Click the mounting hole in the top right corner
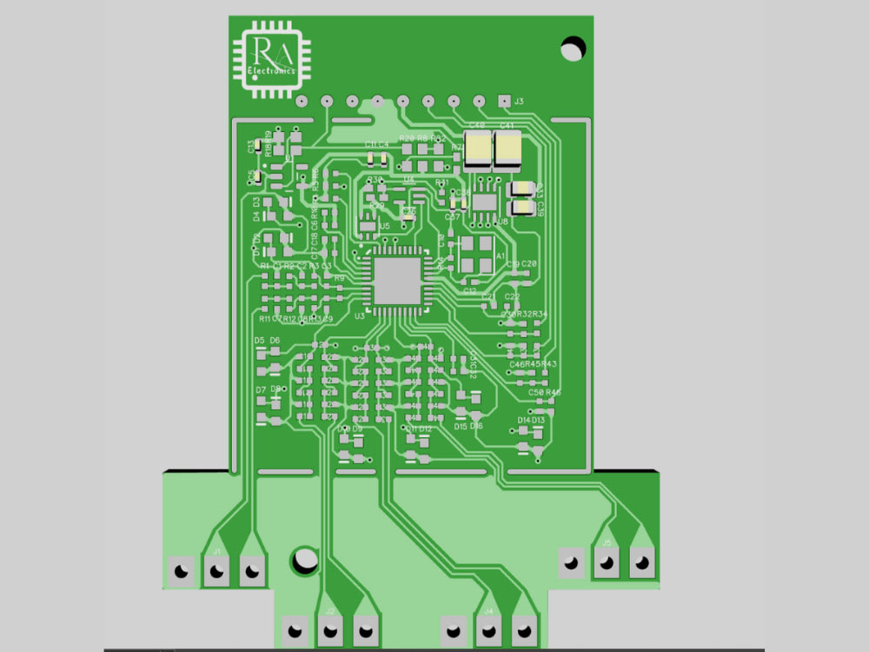click(x=573, y=48)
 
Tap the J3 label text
click(x=519, y=102)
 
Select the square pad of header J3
click(x=503, y=101)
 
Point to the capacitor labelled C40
click(x=478, y=151)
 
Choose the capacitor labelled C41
click(x=507, y=151)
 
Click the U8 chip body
click(x=485, y=202)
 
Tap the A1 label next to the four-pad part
click(x=500, y=256)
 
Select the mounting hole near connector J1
click(x=305, y=558)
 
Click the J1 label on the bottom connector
click(x=216, y=551)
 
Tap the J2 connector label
click(x=329, y=612)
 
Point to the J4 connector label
click(x=488, y=611)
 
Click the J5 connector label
click(x=607, y=542)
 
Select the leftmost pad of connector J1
click(x=181, y=571)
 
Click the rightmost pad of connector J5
click(x=641, y=562)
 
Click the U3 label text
click(x=359, y=316)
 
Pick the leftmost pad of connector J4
click(x=453, y=629)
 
